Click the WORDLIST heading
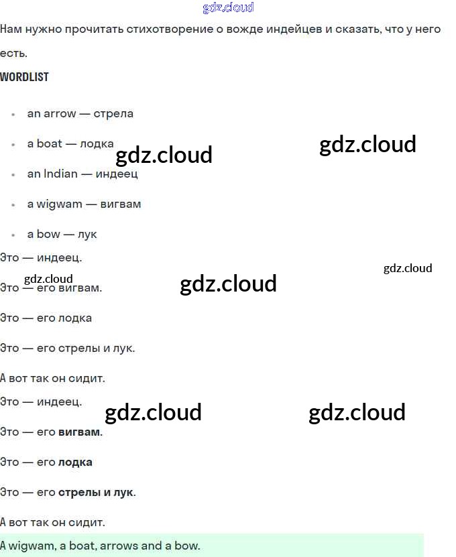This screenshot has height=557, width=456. [x=24, y=77]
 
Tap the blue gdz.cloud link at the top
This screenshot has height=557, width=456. [x=228, y=8]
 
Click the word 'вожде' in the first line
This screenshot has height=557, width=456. [x=235, y=29]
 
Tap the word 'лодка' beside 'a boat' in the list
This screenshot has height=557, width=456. [x=97, y=143]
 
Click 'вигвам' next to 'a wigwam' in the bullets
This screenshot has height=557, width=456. [x=120, y=204]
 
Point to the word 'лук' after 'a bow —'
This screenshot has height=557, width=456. [x=87, y=234]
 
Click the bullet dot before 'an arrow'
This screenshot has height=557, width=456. [x=13, y=114]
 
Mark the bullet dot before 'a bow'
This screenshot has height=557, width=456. [x=13, y=235]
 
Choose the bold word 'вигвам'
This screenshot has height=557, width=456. [x=80, y=432]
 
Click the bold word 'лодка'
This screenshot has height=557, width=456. [x=75, y=462]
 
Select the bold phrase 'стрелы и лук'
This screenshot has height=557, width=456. [x=96, y=492]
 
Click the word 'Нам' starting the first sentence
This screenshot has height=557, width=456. [x=11, y=29]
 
